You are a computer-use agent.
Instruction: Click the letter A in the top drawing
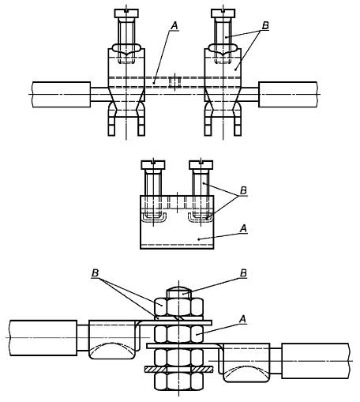[x=174, y=26]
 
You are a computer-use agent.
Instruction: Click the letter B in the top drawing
[x=265, y=25]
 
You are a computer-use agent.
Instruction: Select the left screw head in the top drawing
[x=126, y=13]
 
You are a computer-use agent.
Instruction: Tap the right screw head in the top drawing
[x=223, y=13]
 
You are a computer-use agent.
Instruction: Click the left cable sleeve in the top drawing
[x=62, y=95]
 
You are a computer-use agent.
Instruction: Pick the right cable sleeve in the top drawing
[x=288, y=95]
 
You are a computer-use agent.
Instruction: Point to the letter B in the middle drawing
[x=244, y=190]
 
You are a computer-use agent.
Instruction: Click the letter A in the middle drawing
[x=244, y=228]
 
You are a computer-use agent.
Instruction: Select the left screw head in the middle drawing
[x=153, y=165]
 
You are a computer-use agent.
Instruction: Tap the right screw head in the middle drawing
[x=201, y=165]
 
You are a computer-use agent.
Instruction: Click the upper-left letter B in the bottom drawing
[x=95, y=273]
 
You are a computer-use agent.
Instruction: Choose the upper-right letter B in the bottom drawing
[x=243, y=273]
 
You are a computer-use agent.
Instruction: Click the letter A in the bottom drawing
[x=242, y=319]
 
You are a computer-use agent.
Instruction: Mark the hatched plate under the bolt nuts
[x=178, y=370]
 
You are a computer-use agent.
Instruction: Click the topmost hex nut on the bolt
[x=178, y=306]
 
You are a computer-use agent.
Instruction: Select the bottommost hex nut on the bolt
[x=178, y=381]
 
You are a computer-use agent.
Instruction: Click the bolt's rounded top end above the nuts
[x=178, y=293]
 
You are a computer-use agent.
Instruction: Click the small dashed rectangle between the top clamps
[x=175, y=82]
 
